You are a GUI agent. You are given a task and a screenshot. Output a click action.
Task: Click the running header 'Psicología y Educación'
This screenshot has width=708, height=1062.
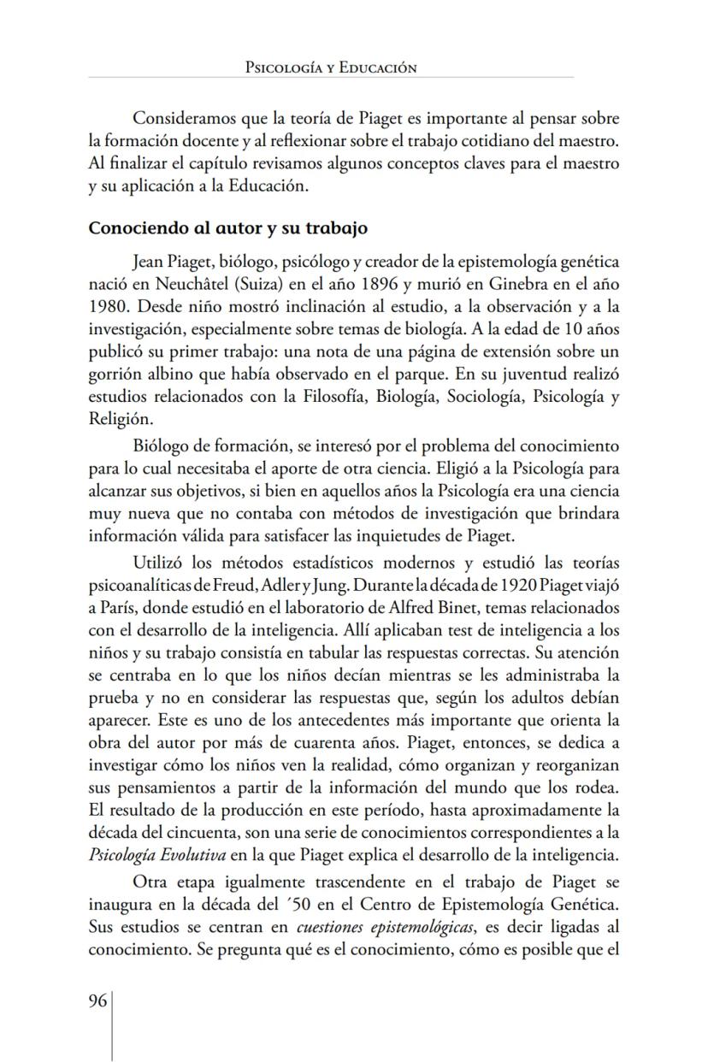coord(331,68)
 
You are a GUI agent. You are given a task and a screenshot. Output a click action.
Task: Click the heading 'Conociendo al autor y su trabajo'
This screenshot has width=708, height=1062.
coord(228,228)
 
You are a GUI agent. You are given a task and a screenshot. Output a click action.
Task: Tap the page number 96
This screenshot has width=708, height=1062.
coord(97,1001)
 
